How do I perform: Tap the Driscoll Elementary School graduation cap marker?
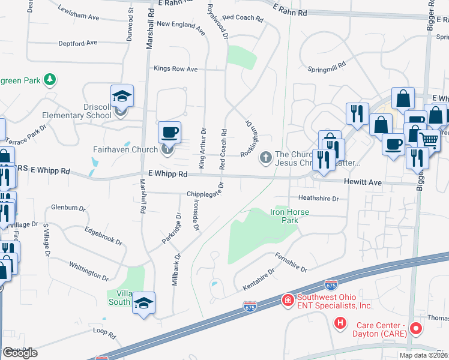point(122,97)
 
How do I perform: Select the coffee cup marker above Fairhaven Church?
point(169,132)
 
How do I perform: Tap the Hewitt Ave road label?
point(362,181)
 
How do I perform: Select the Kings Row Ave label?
point(176,69)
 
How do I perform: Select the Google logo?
point(20,353)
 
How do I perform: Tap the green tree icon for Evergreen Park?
point(51,79)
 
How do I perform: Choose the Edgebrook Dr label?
point(103,236)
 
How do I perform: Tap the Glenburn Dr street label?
point(68,208)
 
